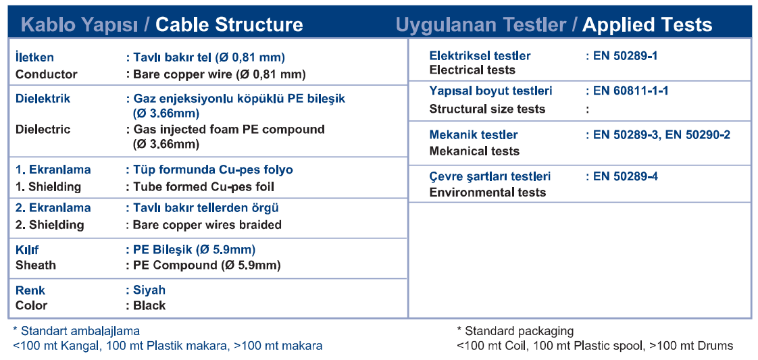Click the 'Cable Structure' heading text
(x=229, y=24)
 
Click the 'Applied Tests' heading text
(x=647, y=24)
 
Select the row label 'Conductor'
(x=47, y=74)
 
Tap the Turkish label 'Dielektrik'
(x=43, y=99)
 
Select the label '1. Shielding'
(x=49, y=186)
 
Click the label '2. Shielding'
(x=50, y=225)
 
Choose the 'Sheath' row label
(x=36, y=265)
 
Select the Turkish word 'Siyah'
(x=149, y=290)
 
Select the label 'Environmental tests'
(x=488, y=192)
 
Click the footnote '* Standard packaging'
(x=515, y=332)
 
